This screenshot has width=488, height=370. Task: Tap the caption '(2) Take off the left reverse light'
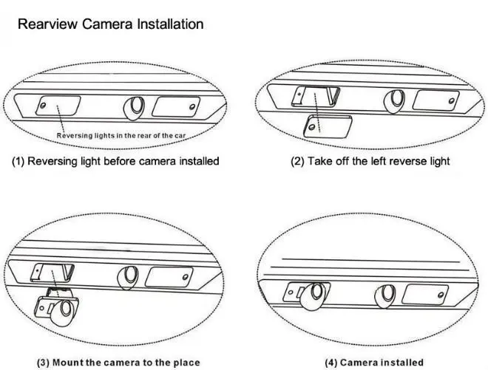[370, 161]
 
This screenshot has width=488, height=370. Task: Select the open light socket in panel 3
[50, 275]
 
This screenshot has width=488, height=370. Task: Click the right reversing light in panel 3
[169, 278]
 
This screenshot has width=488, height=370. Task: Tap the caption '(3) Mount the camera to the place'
[119, 362]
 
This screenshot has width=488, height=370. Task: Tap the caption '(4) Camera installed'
[375, 362]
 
